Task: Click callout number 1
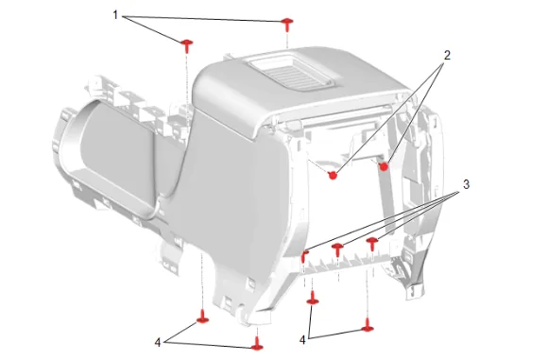[x=115, y=15]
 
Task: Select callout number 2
[x=447, y=55]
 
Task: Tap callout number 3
[x=466, y=184]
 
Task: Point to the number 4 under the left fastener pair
[x=158, y=343]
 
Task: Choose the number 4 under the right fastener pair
[x=302, y=340]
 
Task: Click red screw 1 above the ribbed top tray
[x=287, y=25]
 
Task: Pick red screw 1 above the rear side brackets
[x=187, y=45]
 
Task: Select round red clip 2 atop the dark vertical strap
[x=384, y=167]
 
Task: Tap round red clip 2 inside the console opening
[x=333, y=175]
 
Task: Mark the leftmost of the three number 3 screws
[x=305, y=256]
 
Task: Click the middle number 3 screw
[x=337, y=250]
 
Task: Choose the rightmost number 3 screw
[x=372, y=244]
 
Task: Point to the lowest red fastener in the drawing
[x=258, y=344]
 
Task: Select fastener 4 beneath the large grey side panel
[x=202, y=317]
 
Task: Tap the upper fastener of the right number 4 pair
[x=312, y=298]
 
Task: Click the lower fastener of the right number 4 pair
[x=368, y=325]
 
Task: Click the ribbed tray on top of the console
[x=290, y=73]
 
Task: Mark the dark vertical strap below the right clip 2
[x=386, y=199]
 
